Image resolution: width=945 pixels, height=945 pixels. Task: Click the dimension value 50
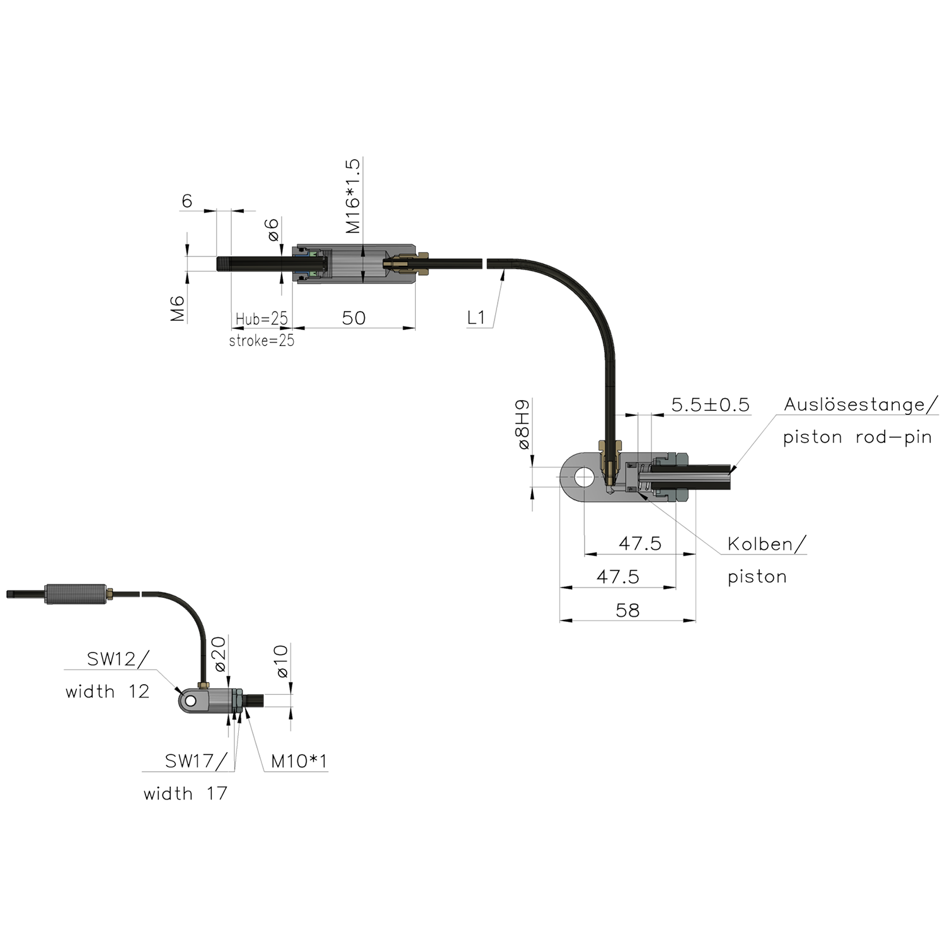pos(354,318)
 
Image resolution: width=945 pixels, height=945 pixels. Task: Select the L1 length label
pos(479,317)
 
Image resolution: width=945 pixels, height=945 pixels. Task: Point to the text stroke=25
pos(261,341)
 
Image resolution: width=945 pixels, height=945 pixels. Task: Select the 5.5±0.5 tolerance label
pos(711,405)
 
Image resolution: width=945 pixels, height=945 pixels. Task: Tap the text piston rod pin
pos(857,437)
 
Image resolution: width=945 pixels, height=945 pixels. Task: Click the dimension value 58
pos(627,610)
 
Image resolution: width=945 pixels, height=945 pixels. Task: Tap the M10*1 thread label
pos(298,762)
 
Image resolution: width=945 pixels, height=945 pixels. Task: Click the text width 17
pos(183,795)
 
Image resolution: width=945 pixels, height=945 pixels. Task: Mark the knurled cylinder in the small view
pos(76,594)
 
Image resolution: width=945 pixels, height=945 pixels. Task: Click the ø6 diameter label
pos(273,230)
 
